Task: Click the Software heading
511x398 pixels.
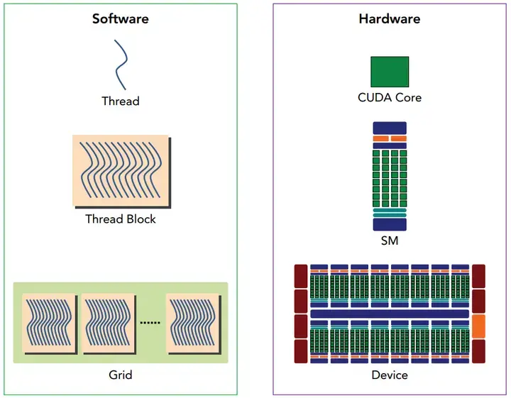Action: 120,18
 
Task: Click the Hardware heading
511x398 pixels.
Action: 389,18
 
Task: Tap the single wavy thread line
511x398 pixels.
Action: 121,65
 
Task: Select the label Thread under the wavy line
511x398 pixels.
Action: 121,101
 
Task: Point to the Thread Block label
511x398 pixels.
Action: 121,219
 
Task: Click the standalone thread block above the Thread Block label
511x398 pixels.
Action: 121,171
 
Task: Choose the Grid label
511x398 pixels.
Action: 121,374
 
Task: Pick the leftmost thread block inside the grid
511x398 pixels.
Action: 50,323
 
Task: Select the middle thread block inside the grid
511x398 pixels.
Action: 109,323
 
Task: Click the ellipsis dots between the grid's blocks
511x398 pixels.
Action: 150,323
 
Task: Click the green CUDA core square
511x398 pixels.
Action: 390,72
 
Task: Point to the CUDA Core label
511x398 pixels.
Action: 390,97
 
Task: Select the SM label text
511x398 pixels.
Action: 390,241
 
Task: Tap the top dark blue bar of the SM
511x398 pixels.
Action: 390,126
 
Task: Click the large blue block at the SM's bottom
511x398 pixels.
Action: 390,224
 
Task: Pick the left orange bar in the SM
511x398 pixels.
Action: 380,138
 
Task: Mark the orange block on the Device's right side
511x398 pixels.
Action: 478,326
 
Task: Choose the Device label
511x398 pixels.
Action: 390,375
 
